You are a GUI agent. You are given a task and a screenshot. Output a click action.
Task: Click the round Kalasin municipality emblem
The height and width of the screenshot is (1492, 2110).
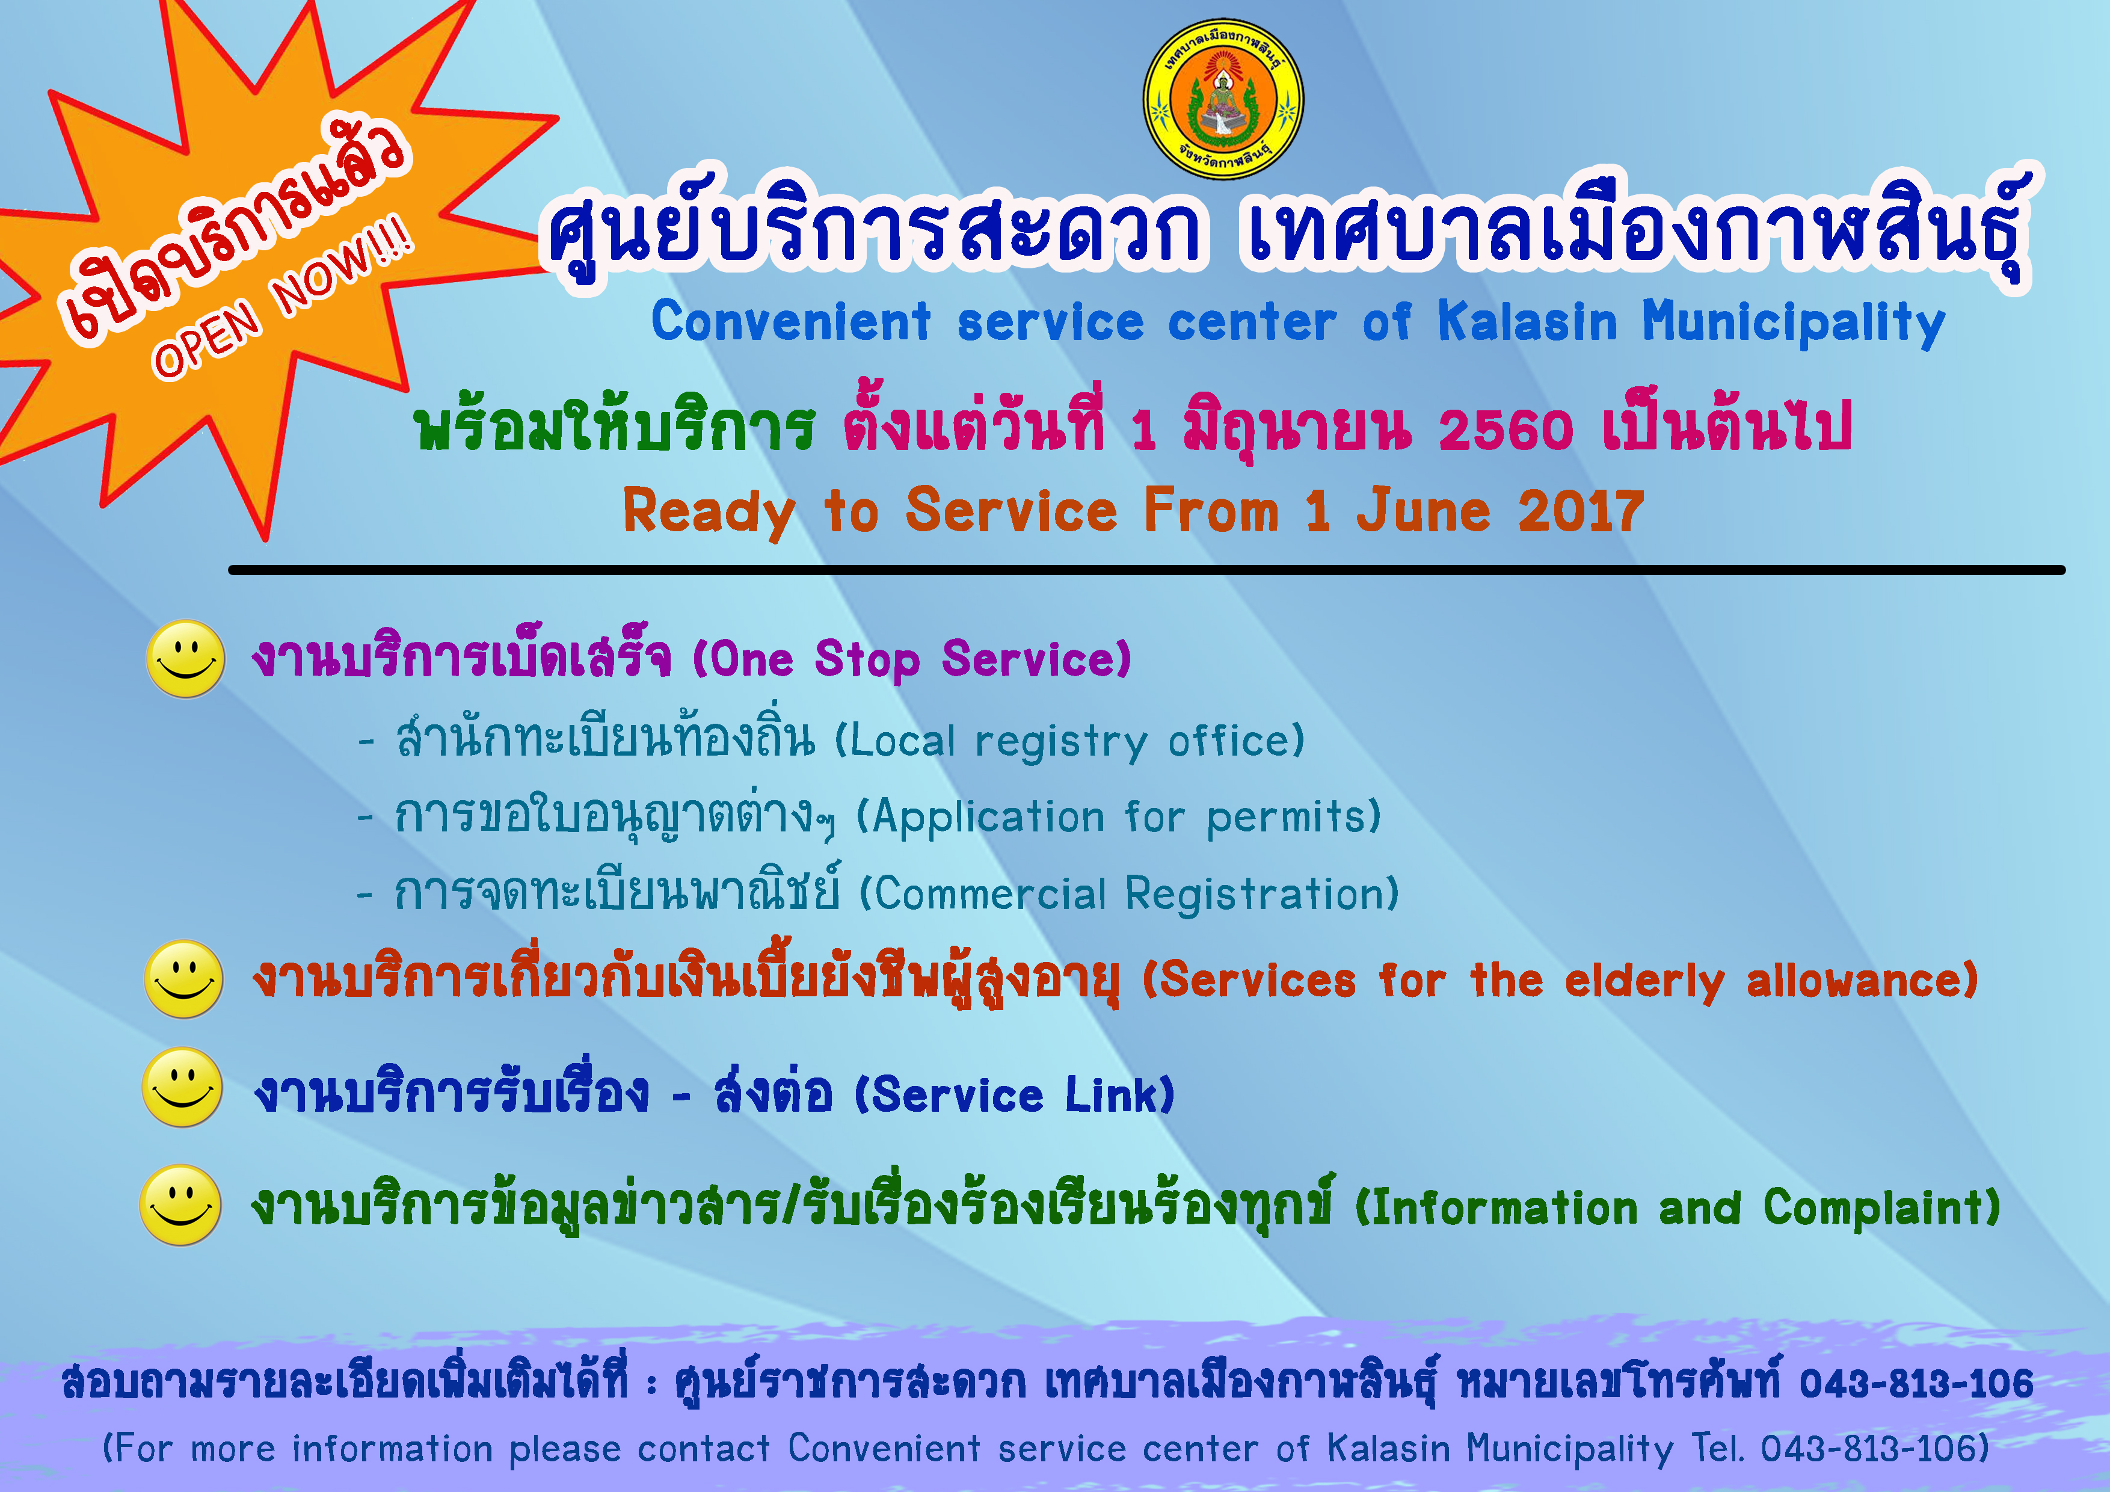click(1223, 99)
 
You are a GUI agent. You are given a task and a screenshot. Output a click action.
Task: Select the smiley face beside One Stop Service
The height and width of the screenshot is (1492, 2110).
click(186, 658)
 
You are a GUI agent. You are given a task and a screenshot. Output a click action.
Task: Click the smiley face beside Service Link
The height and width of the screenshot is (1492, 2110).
click(183, 1087)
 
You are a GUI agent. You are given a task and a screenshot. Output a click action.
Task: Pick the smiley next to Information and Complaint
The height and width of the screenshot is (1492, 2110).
click(180, 1205)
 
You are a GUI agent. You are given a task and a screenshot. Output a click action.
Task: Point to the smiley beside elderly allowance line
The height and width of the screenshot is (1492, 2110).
click(184, 979)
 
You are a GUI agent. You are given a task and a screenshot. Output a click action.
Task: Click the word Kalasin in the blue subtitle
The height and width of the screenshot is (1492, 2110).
click(1527, 322)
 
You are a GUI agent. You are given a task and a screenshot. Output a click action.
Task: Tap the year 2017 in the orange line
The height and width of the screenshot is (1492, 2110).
click(1581, 511)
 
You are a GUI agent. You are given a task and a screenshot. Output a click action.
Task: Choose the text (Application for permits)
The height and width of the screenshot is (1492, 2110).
click(1118, 817)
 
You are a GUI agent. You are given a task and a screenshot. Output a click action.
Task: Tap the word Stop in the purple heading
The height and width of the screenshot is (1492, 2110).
click(867, 660)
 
